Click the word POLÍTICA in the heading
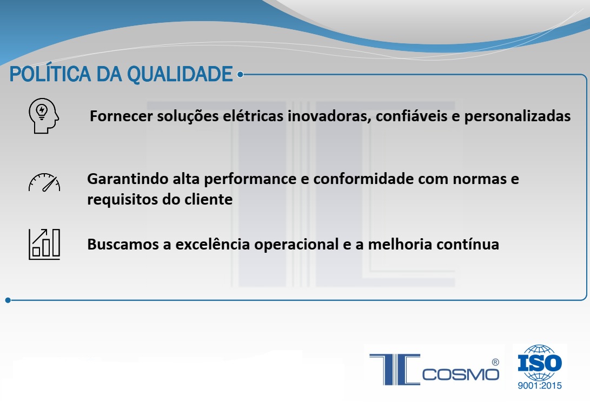pyautogui.click(x=50, y=74)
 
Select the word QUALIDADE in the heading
pyautogui.click(x=180, y=74)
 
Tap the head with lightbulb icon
pyautogui.click(x=44, y=116)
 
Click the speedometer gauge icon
pyautogui.click(x=44, y=182)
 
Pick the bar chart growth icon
pyautogui.click(x=44, y=244)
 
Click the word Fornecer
pyautogui.click(x=121, y=116)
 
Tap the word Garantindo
pyautogui.click(x=128, y=179)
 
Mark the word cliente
pyautogui.click(x=208, y=200)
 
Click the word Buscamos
pyautogui.click(x=123, y=244)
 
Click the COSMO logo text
pyautogui.click(x=461, y=375)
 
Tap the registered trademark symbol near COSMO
pyautogui.click(x=495, y=362)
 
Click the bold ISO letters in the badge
pyautogui.click(x=540, y=363)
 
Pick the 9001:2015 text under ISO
pyautogui.click(x=540, y=385)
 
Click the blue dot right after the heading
pyautogui.click(x=240, y=75)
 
